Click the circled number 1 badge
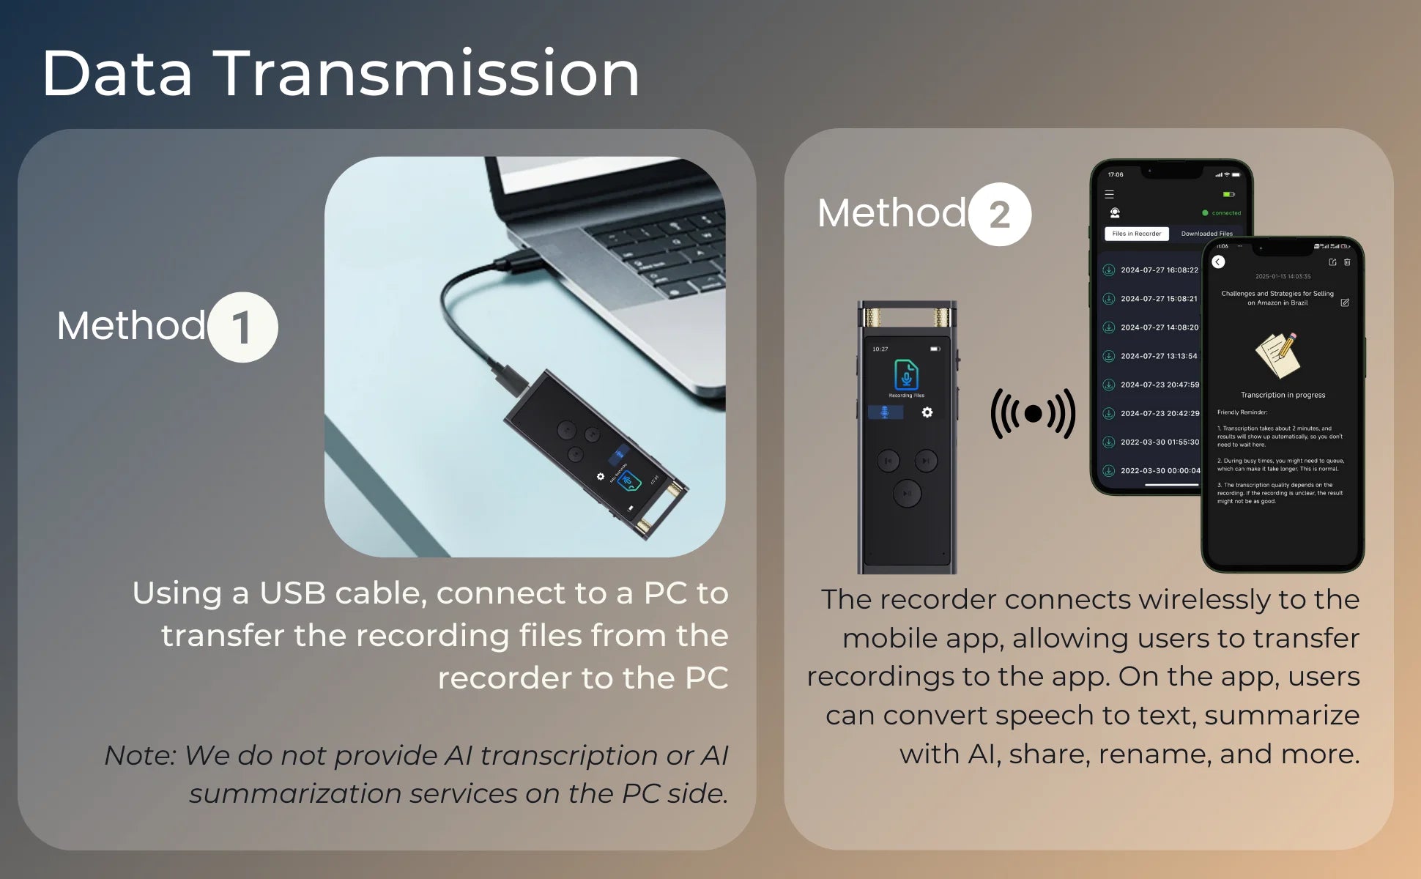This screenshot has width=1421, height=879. [x=242, y=327]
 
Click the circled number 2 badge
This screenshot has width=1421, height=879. [x=1000, y=215]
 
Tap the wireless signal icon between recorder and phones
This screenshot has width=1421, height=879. [x=1033, y=414]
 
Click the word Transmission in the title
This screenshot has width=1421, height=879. [x=426, y=74]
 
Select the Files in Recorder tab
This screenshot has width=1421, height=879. [x=1136, y=234]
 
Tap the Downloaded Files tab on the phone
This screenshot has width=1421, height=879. [x=1206, y=234]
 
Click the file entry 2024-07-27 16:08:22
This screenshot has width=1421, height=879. [x=1159, y=270]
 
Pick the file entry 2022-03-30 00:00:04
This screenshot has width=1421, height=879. [x=1160, y=471]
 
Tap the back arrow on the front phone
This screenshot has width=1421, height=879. [x=1218, y=262]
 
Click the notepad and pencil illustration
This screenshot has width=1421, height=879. [x=1278, y=355]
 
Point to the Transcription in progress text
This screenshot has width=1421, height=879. [x=1283, y=395]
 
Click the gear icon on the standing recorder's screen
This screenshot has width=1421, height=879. [x=927, y=412]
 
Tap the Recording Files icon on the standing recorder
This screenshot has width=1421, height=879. [x=906, y=376]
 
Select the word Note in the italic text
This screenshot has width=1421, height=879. [x=139, y=756]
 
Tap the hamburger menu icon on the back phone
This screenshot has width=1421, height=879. [x=1109, y=195]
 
